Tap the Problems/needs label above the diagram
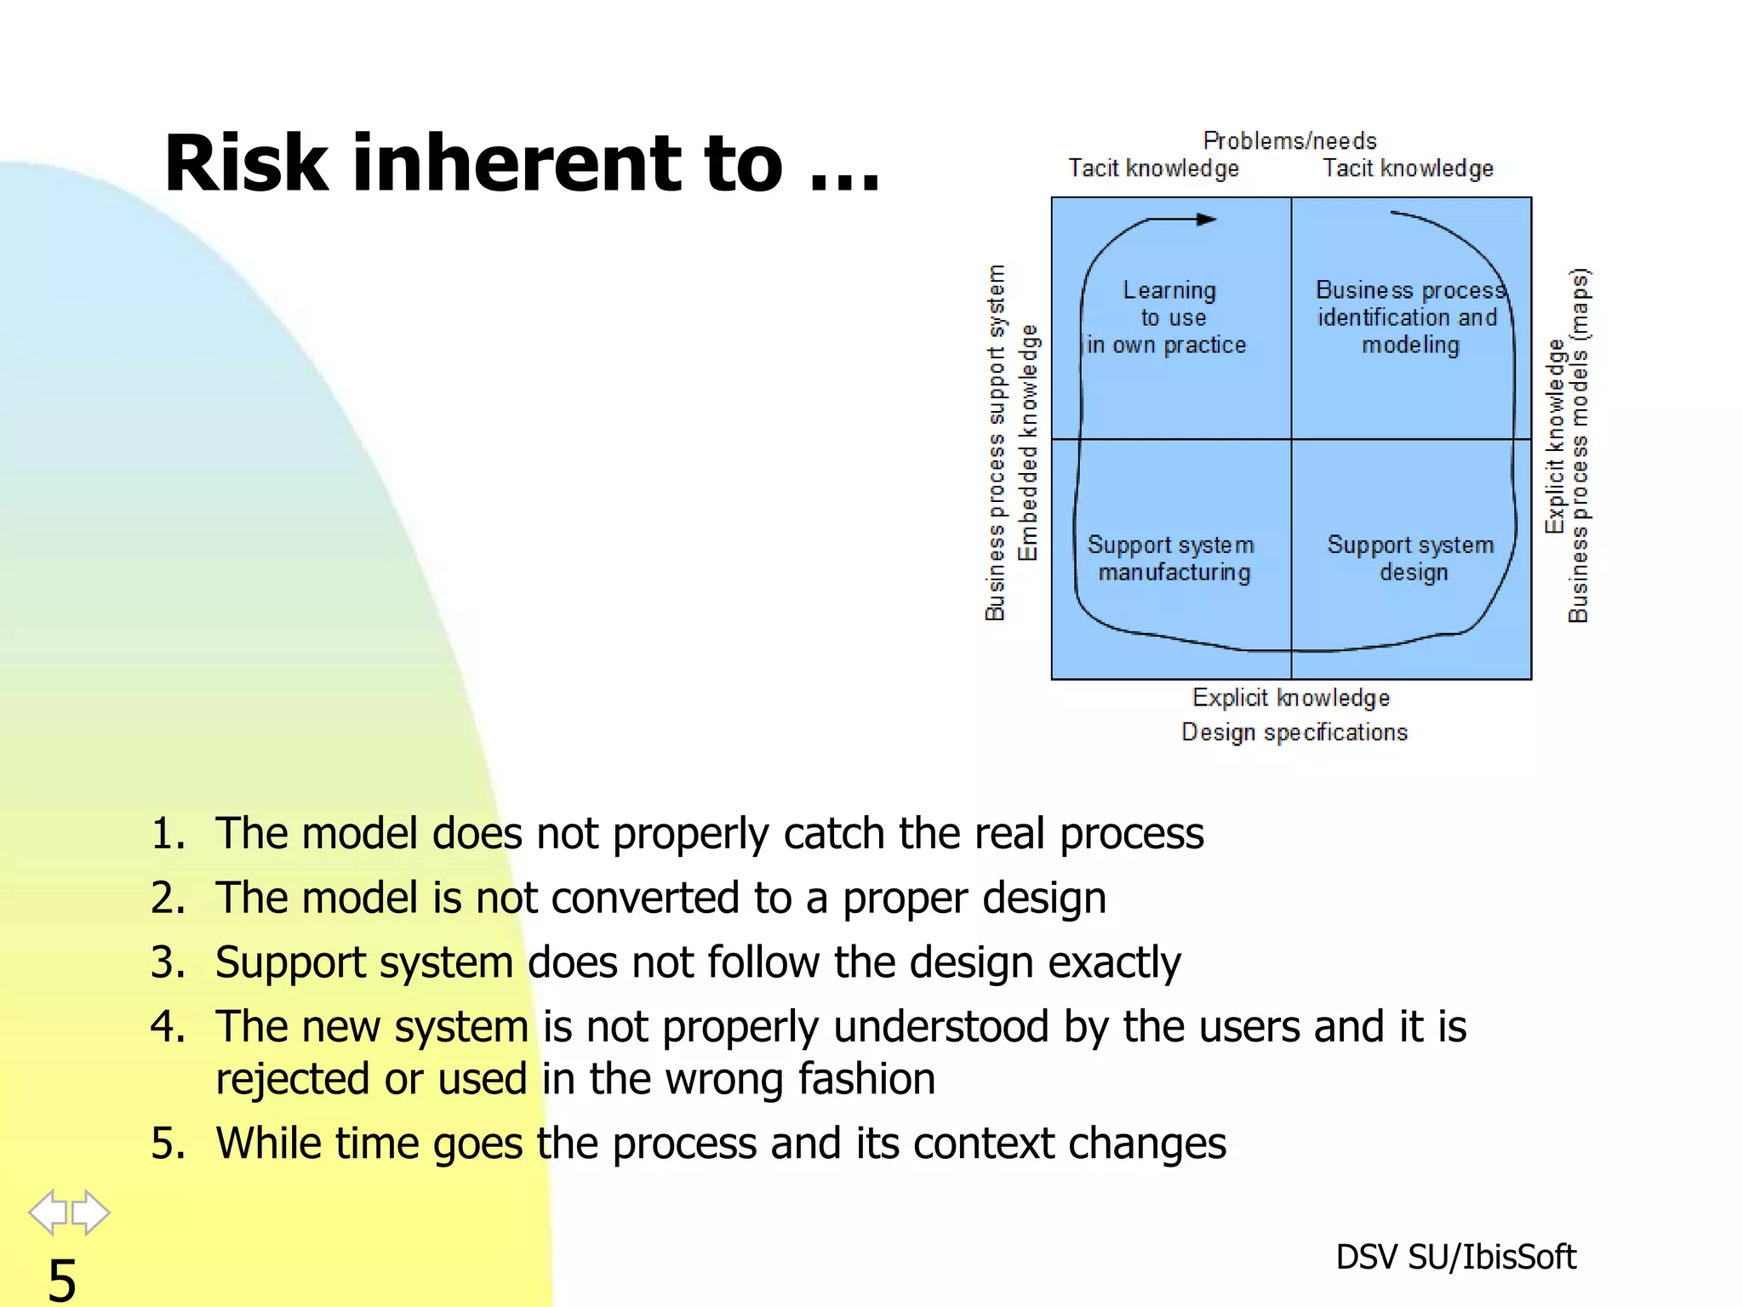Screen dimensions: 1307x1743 pyautogui.click(x=1289, y=140)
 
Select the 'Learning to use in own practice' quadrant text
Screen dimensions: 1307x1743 pyautogui.click(x=1168, y=317)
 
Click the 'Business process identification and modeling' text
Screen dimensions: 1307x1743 pyautogui.click(x=1409, y=317)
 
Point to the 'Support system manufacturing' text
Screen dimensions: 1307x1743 pyautogui.click(x=1172, y=558)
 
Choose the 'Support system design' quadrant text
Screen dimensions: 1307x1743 pyautogui.click(x=1411, y=558)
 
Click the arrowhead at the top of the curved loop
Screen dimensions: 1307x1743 pyautogui.click(x=1207, y=220)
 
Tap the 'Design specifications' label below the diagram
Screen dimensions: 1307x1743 pyautogui.click(x=1294, y=732)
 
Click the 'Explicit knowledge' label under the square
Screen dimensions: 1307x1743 pyautogui.click(x=1290, y=698)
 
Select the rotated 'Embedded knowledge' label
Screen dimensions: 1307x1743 pyautogui.click(x=1029, y=442)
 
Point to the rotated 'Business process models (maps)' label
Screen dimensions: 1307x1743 pyautogui.click(x=1579, y=445)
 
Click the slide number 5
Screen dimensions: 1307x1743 pyautogui.click(x=61, y=1279)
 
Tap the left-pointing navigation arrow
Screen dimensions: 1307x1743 pyautogui.click(x=48, y=1212)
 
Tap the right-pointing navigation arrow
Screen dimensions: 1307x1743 pyautogui.click(x=91, y=1212)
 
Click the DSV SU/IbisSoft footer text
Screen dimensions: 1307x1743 pyautogui.click(x=1455, y=1257)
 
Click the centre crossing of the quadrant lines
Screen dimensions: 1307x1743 pyautogui.click(x=1291, y=439)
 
